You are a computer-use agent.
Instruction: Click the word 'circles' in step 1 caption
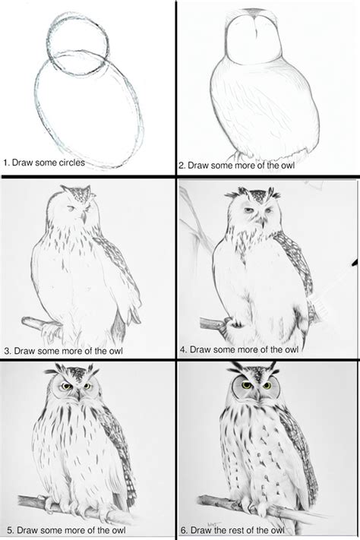pos(71,163)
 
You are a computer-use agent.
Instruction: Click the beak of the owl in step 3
pos(83,217)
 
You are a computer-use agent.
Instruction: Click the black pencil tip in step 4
pos(355,264)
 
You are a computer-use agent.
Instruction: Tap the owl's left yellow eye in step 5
pos(67,386)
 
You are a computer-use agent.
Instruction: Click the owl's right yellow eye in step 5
pos(87,387)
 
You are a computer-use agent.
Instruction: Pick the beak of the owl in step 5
pos(79,394)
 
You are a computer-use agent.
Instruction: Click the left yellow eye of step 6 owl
pos(246,385)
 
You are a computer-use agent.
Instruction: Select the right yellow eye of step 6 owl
pos(267,385)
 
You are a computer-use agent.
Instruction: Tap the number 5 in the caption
pos(9,530)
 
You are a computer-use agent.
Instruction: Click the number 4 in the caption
pos(183,349)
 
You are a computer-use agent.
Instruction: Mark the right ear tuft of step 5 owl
pos(93,370)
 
